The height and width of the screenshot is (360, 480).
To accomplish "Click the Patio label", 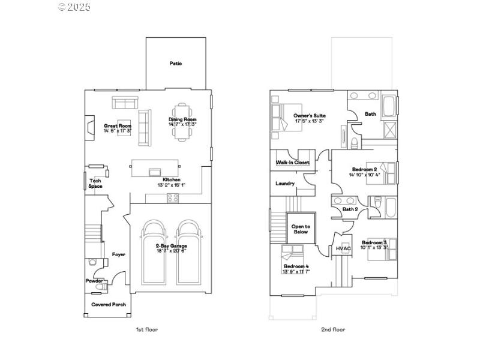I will (175, 63).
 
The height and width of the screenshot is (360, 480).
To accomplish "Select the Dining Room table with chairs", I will (183, 122).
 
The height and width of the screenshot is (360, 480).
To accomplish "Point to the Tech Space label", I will (95, 183).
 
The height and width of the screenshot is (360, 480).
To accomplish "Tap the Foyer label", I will (119, 254).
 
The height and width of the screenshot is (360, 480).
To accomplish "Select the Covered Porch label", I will (109, 304).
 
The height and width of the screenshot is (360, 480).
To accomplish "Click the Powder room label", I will (94, 280).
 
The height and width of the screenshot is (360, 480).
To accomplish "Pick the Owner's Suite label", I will (309, 115).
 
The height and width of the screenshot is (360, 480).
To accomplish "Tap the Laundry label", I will (284, 184).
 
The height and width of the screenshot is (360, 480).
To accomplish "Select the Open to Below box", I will (300, 229).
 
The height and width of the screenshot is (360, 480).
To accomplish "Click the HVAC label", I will (343, 248).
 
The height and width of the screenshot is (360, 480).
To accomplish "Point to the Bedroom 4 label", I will (296, 266).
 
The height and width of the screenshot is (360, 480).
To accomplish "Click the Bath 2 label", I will (350, 209).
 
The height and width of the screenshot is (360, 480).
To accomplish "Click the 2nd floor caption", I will (334, 329).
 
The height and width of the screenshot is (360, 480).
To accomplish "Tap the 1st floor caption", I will (147, 329).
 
